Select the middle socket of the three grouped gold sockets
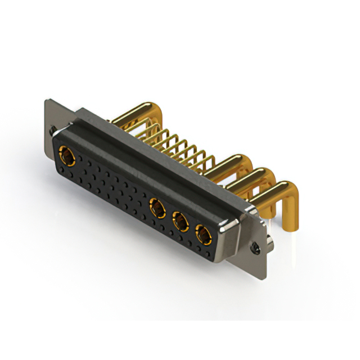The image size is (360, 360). pyautogui.click(x=181, y=222)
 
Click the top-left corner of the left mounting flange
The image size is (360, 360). pyautogui.click(x=46, y=101)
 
